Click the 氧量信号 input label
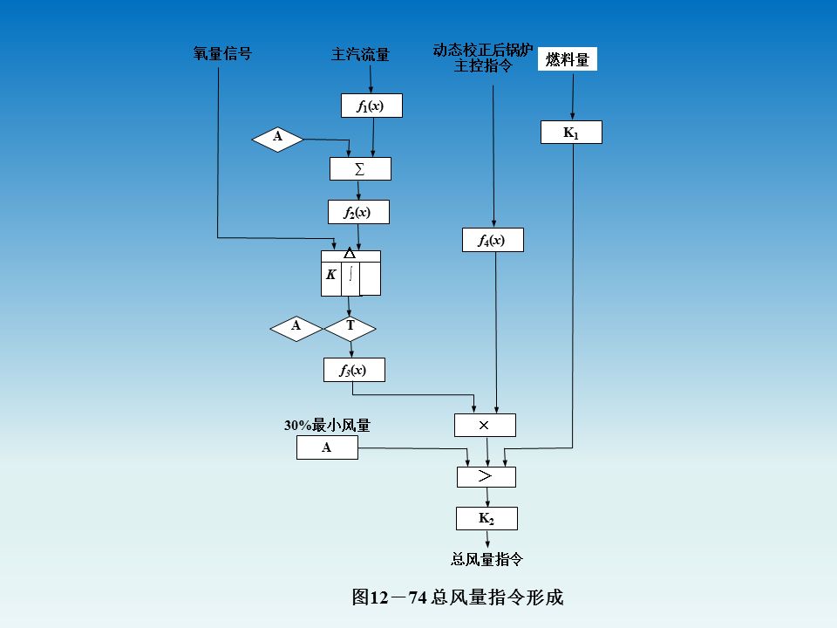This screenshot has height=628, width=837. coord(222,54)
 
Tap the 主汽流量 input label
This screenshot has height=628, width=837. coord(360,55)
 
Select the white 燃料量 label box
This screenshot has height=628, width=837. coord(568,59)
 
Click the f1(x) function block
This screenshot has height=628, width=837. coord(371,106)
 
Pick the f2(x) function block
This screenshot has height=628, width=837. coord(358,212)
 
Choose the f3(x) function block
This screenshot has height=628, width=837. coord(353,370)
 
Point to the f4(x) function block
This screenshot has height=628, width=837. coord(493,240)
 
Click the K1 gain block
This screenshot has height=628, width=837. coord(571,133)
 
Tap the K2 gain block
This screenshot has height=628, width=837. coord(487,518)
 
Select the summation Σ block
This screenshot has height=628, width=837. coord(360,168)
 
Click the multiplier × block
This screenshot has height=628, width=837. coord(485,425)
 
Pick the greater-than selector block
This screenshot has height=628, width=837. coord(487,476)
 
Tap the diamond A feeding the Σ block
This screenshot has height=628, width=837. coord(278,138)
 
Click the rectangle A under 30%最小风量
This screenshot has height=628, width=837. coord(327,447)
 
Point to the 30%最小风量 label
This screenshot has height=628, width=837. coord(327,426)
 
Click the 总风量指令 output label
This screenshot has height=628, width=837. coord(487,559)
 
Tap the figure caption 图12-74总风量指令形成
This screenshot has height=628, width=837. coord(457,597)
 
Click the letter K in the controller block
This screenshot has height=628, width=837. coord(331,274)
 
